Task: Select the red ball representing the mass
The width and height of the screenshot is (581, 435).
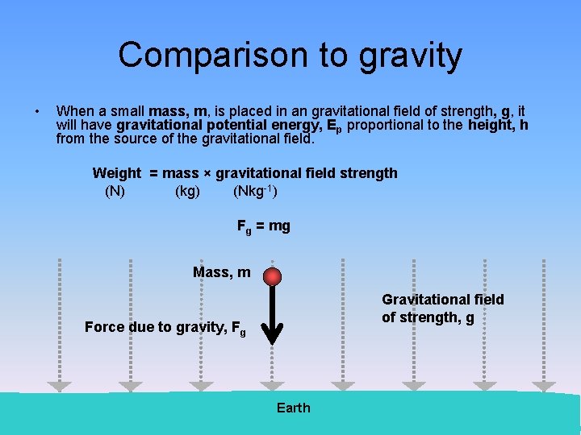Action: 274,276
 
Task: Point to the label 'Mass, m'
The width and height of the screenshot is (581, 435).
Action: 222,273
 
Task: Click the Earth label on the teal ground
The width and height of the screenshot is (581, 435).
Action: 293,408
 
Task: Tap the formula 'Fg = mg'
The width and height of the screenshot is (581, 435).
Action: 263,226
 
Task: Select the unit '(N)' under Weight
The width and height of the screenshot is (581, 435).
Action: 115,192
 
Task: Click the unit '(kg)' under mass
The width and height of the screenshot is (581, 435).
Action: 187,192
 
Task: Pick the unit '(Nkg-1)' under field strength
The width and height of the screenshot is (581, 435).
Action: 255,192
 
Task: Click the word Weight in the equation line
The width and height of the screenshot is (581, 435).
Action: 117,172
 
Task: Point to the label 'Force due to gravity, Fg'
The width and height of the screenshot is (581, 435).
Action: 165,327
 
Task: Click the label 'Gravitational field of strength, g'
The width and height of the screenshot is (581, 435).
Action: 442,309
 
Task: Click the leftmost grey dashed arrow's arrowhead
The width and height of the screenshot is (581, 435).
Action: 59,387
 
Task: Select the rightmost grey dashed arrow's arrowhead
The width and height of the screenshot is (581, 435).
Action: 544,387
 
